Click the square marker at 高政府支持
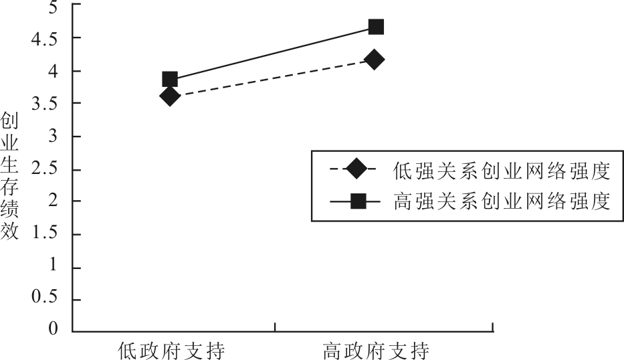[x=376, y=27]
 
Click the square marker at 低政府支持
[x=170, y=80]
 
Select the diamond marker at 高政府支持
[x=374, y=60]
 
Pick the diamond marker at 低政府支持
[x=169, y=96]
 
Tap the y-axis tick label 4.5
[x=45, y=39]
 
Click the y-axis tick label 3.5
[x=45, y=104]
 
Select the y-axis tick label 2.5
[x=45, y=169]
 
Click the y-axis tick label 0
[x=53, y=329]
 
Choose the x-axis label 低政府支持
[x=171, y=351]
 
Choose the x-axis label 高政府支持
[x=376, y=351]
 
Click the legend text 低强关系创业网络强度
[x=502, y=171]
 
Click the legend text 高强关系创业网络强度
[x=502, y=201]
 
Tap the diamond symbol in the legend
[x=356, y=169]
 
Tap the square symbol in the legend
[x=358, y=201]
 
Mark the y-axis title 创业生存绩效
[x=9, y=175]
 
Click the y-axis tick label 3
[x=53, y=136]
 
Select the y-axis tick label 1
[x=53, y=264]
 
